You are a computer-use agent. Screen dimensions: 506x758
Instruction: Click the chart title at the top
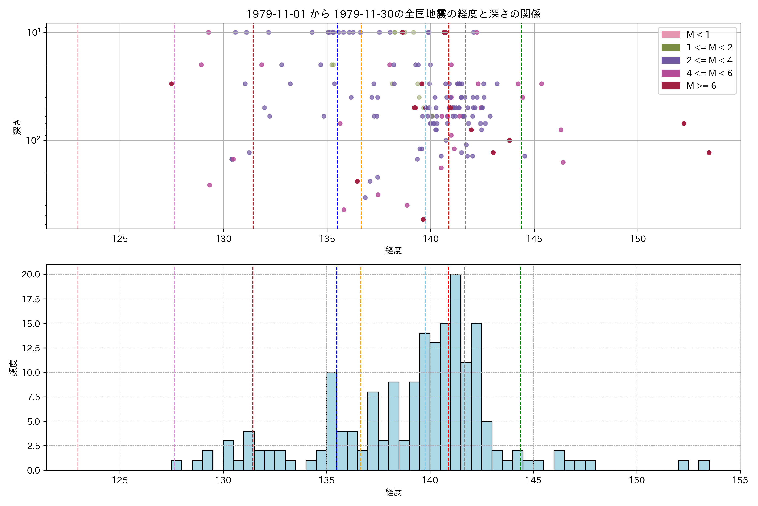pyautogui.click(x=393, y=14)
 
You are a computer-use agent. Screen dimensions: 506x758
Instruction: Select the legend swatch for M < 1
pyautogui.click(x=670, y=35)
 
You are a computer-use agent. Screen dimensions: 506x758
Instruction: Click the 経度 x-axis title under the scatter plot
pyautogui.click(x=393, y=250)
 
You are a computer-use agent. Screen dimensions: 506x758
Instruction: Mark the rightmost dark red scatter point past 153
pyautogui.click(x=709, y=153)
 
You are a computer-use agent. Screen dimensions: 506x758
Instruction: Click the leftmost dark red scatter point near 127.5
pyautogui.click(x=171, y=84)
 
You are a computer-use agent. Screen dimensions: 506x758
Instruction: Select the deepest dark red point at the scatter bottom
pyautogui.click(x=423, y=219)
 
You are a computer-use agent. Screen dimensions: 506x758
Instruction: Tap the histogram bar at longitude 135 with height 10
pyautogui.click(x=332, y=421)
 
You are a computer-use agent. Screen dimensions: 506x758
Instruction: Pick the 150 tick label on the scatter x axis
pyautogui.click(x=638, y=239)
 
